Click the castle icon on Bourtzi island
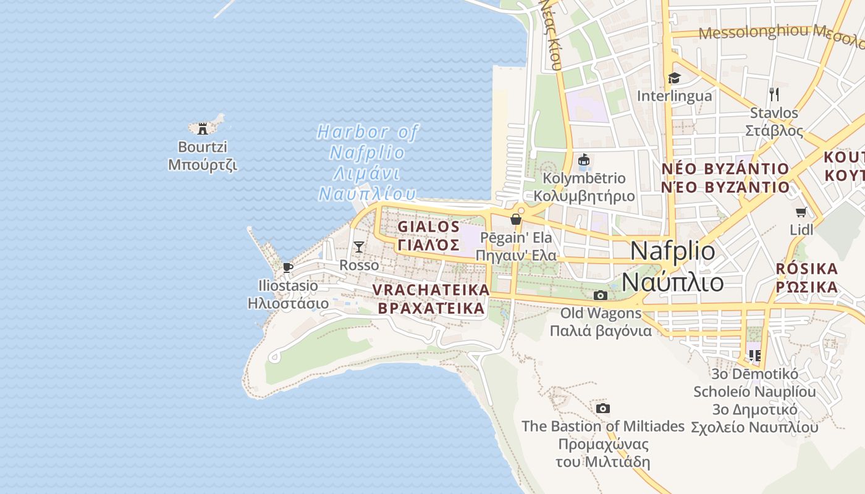pos(201,128)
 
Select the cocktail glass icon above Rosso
pos(359,247)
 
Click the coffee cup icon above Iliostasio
pos(287,267)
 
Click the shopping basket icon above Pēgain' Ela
pos(516,220)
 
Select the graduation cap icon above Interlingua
pos(674,78)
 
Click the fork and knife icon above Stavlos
pos(774,94)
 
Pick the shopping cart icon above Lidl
pos(801,212)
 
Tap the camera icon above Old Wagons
pos(600,295)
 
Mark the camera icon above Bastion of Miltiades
pos(603,408)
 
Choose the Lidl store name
pos(802,230)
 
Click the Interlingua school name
pos(674,96)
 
